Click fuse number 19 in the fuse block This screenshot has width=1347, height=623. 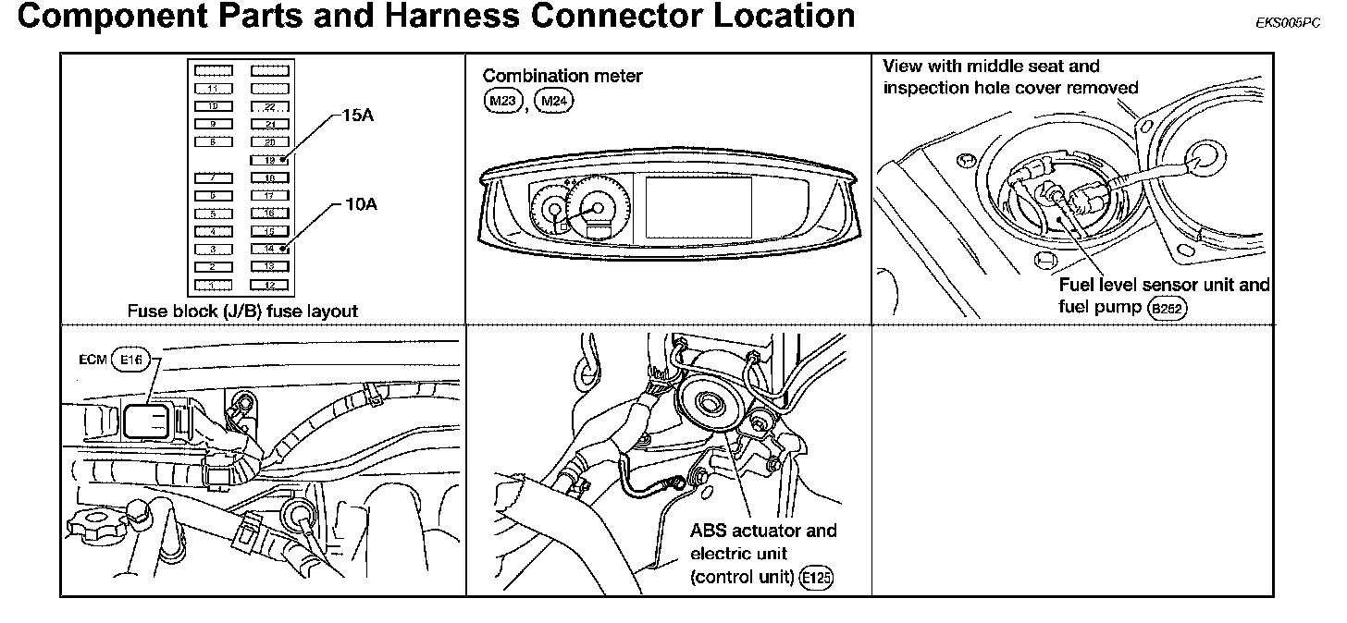(269, 160)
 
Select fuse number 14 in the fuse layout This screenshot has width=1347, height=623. (269, 249)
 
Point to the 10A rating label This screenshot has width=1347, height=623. (360, 204)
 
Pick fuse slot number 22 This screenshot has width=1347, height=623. (269, 106)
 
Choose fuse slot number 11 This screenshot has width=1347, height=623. (214, 89)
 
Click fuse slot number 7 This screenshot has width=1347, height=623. (214, 177)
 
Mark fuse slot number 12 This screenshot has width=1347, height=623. (269, 285)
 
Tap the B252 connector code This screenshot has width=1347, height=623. (1166, 309)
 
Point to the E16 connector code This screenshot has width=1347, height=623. (130, 360)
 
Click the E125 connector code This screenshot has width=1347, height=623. (816, 578)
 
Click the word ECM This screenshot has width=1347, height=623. (93, 360)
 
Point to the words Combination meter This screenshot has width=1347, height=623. (562, 76)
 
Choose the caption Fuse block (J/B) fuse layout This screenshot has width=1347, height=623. (242, 311)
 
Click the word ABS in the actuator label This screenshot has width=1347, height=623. (708, 531)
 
